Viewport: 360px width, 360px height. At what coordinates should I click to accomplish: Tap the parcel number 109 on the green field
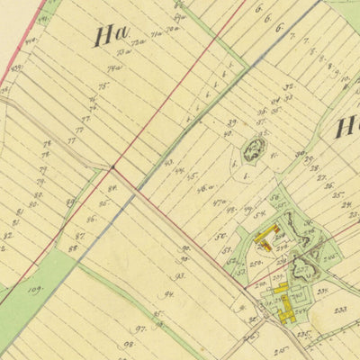[x=35, y=290]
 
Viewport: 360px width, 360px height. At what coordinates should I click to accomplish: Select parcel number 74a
[x=115, y=68]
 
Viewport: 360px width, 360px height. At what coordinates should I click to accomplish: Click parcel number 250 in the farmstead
[x=256, y=264]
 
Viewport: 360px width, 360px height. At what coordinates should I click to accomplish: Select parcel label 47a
[x=219, y=203]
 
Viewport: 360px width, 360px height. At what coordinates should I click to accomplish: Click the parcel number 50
[x=219, y=237]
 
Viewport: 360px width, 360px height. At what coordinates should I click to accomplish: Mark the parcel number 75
[x=103, y=86]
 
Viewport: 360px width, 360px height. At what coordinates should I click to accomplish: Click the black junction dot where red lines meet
[x=112, y=166]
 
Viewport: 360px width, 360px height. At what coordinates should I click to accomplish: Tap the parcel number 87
[x=79, y=235]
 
